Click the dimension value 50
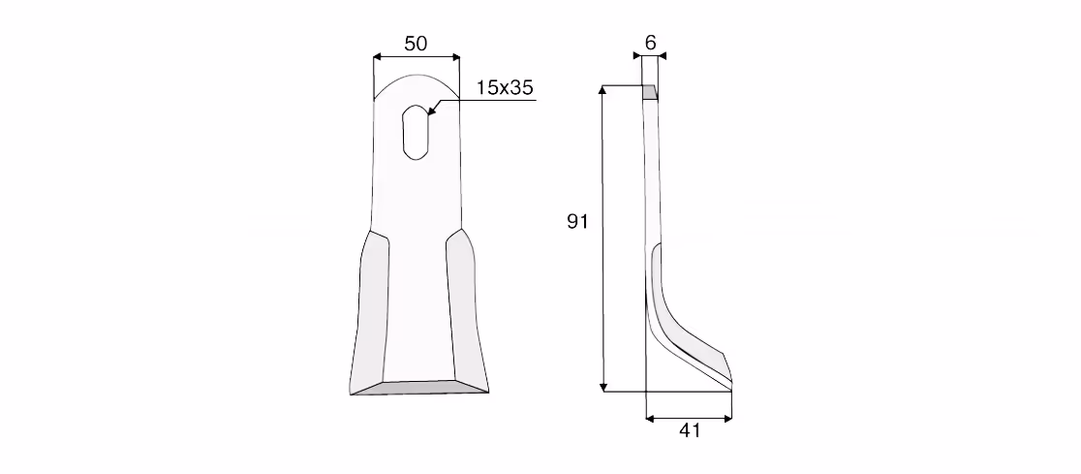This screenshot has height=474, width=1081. coord(416,44)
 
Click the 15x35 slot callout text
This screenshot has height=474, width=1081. coord(505,87)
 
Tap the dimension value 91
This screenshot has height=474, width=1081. coord(577,221)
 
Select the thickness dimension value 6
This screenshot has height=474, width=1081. coord(650,43)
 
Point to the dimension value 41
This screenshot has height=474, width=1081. coord(690,430)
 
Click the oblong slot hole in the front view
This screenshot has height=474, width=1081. coord(416,133)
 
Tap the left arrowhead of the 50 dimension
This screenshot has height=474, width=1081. coord(377,57)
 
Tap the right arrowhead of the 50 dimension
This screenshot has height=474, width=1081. coord(455,57)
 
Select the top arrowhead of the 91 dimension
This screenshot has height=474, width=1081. coord(603,90)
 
